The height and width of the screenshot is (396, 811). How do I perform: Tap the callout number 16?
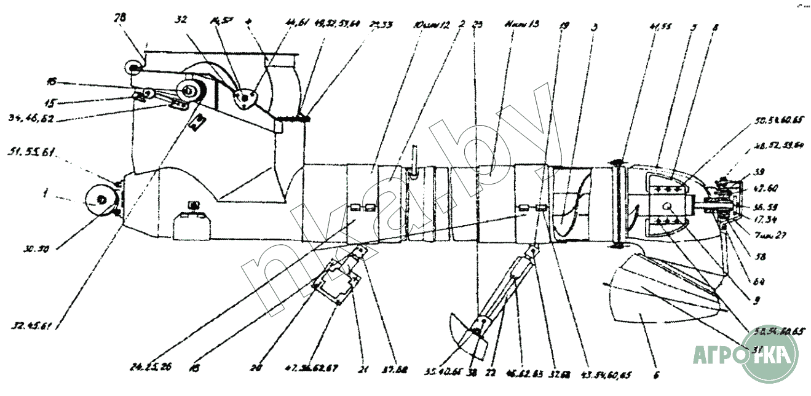[52, 81]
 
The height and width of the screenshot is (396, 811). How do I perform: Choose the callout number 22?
[490, 371]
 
